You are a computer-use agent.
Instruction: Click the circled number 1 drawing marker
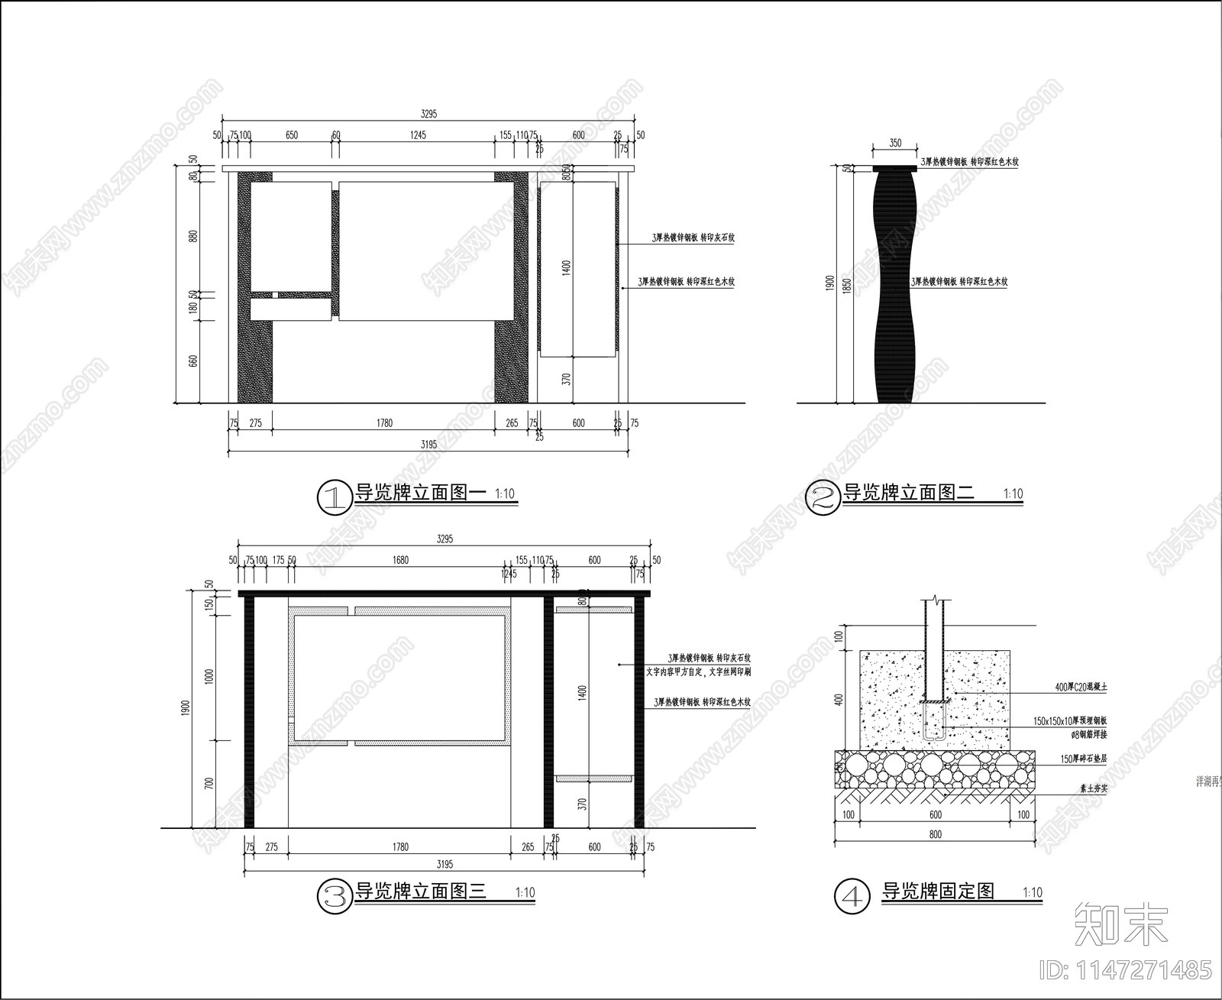(x=333, y=497)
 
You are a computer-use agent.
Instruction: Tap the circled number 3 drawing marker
(x=334, y=895)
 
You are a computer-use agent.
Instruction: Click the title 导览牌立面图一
(x=420, y=493)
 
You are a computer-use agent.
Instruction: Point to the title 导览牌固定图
(x=938, y=891)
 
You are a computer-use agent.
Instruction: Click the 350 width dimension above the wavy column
(x=896, y=143)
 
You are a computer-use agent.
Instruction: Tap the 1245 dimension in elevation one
(x=417, y=135)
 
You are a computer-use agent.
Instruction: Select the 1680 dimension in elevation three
(x=400, y=560)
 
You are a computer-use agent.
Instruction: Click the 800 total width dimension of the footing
(x=936, y=834)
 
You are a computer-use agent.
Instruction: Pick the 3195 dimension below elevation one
(x=428, y=444)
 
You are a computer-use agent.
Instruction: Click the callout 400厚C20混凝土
(x=1081, y=688)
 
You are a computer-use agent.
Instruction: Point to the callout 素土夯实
(x=1093, y=788)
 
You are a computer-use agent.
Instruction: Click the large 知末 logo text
(x=1120, y=924)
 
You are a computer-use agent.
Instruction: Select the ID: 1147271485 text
(x=1126, y=970)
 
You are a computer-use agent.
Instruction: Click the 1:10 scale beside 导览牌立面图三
(x=525, y=892)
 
